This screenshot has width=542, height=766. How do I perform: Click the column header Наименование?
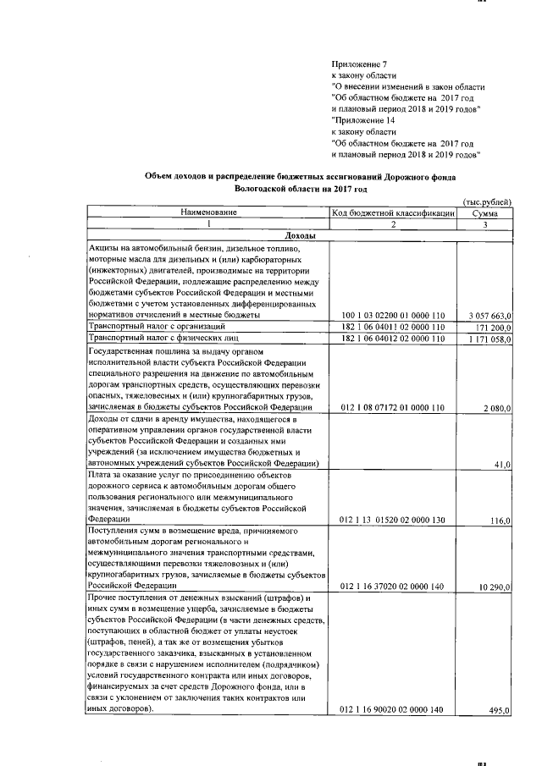point(207,212)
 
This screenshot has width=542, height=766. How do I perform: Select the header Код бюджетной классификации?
point(393,213)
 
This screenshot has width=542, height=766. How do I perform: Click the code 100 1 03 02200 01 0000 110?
point(392,315)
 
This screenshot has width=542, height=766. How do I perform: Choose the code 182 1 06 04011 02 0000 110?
point(392,327)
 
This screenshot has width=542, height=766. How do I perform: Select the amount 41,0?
point(502,464)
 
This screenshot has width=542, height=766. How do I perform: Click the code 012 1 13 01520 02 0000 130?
point(392,519)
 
